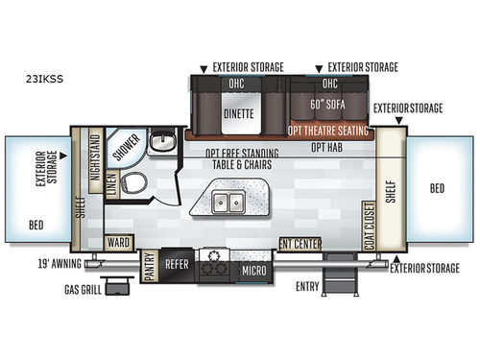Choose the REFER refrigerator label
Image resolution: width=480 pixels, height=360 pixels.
177,262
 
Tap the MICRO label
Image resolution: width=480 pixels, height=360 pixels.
253,271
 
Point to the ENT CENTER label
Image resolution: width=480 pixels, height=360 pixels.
300,243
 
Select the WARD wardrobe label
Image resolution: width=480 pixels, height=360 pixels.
119,242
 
